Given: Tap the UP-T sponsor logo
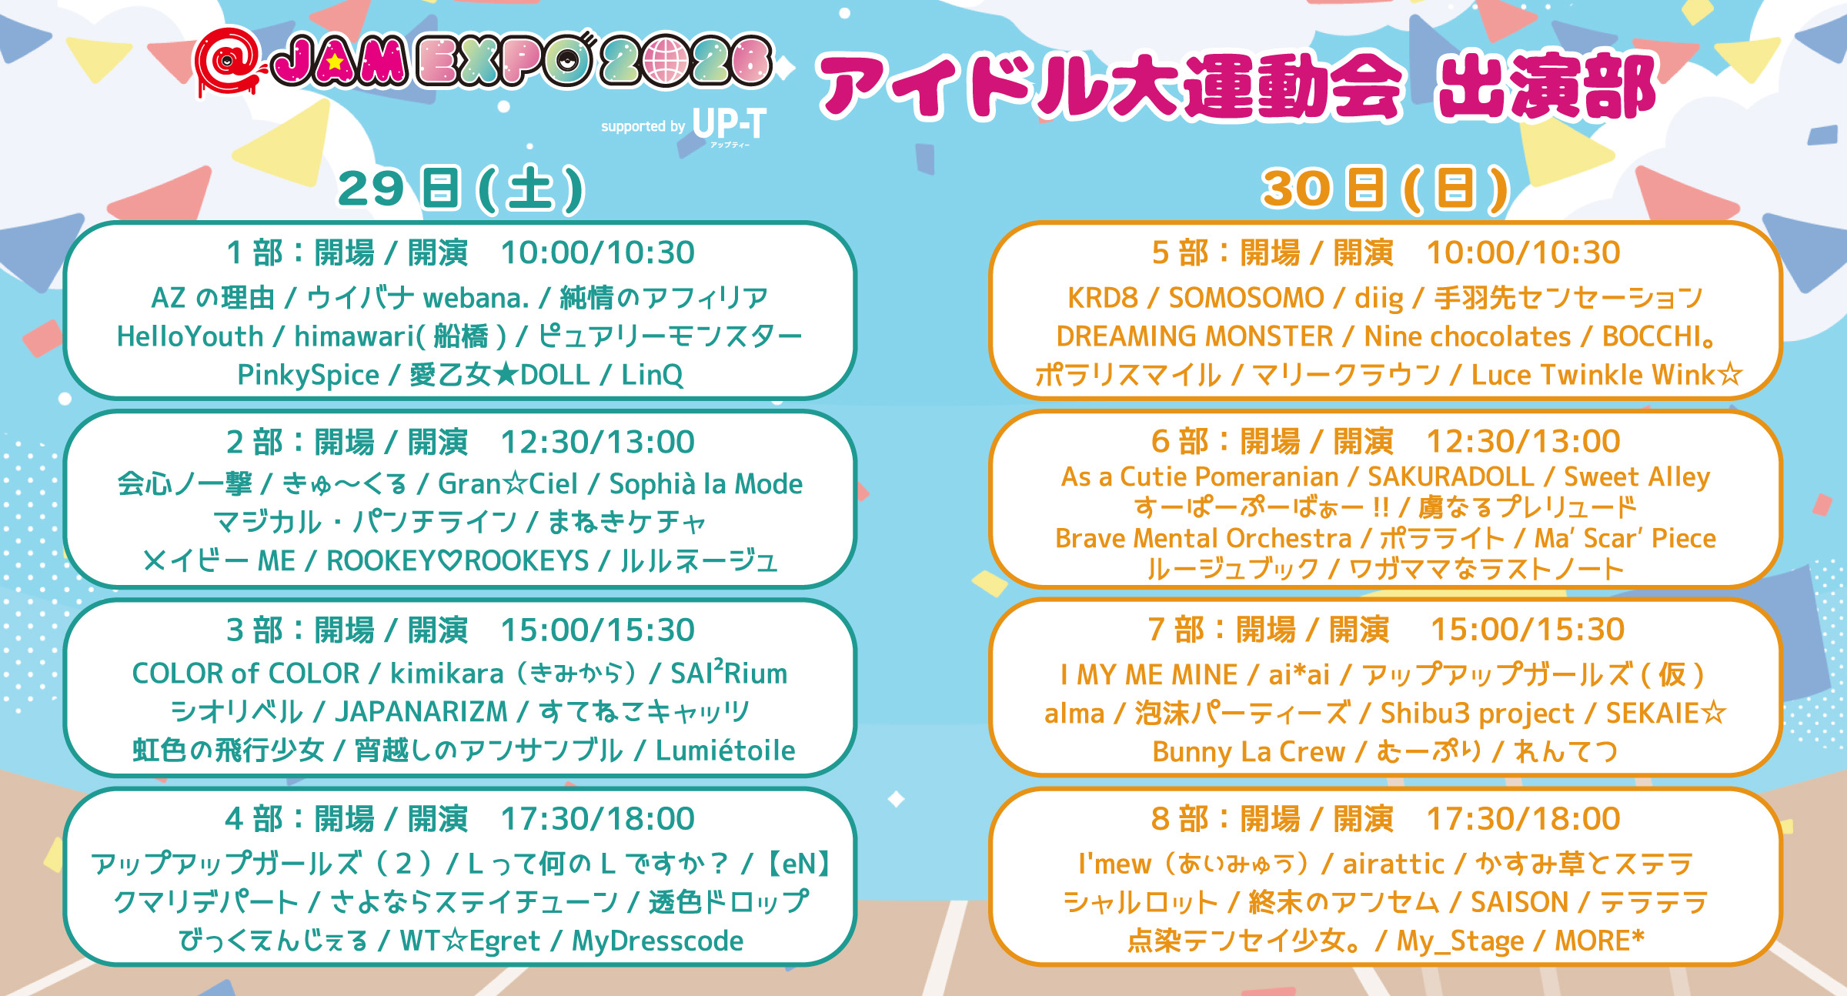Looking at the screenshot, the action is (x=729, y=125).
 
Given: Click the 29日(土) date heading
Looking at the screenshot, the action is (x=461, y=189).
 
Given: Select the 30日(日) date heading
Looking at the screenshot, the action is (x=1385, y=189).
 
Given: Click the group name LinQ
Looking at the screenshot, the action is (x=652, y=375).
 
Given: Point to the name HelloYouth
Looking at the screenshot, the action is (x=190, y=336).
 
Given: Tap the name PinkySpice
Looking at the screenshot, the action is (x=308, y=375).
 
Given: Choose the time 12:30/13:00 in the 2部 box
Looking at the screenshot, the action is (x=598, y=442).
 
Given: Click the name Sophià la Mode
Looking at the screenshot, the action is (x=706, y=484).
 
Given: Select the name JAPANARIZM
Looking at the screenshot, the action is (x=421, y=712).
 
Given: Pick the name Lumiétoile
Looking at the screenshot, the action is (x=725, y=750).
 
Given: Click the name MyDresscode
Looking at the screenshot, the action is (x=657, y=941).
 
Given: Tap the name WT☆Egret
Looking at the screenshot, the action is (x=469, y=941).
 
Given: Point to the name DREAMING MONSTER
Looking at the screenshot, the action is (x=1194, y=336).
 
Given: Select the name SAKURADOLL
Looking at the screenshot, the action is (x=1451, y=477).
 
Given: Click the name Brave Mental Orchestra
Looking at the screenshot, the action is (x=1203, y=538).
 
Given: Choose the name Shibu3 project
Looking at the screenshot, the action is (x=1477, y=714).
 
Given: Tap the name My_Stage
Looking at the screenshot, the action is (x=1460, y=941).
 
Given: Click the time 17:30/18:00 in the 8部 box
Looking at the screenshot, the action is (x=1524, y=819).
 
